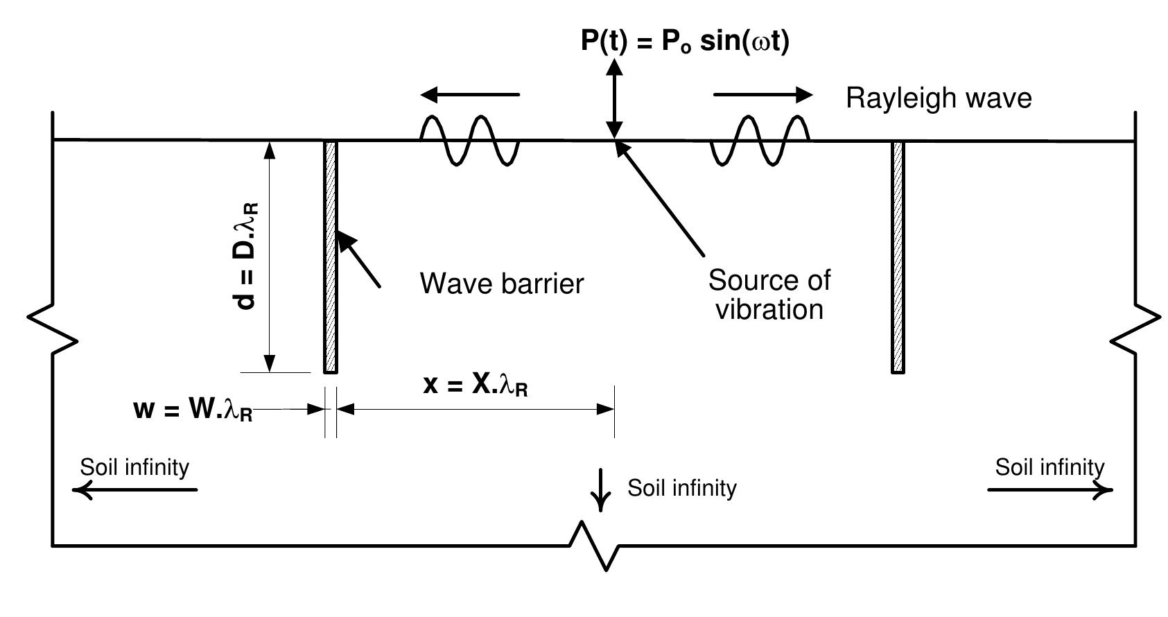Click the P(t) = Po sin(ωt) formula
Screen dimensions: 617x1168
(x=684, y=42)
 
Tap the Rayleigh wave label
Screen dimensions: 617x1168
(x=939, y=98)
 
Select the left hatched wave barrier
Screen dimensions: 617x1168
(x=331, y=257)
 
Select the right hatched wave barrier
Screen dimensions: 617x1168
(x=898, y=257)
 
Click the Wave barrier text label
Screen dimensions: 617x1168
(x=502, y=284)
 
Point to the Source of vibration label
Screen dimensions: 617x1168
(x=769, y=295)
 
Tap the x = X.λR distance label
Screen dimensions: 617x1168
(x=476, y=385)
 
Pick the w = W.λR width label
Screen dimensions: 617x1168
(x=193, y=410)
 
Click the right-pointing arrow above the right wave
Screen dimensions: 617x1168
(x=762, y=94)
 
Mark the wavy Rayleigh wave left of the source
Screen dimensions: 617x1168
(x=469, y=140)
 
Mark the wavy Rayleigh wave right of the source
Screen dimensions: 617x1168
(x=760, y=140)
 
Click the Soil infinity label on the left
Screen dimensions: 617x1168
(x=134, y=467)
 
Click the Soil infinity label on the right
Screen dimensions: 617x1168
(x=1049, y=467)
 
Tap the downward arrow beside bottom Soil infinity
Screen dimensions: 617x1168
(x=600, y=489)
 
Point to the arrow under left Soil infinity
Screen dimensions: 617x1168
(x=135, y=490)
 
